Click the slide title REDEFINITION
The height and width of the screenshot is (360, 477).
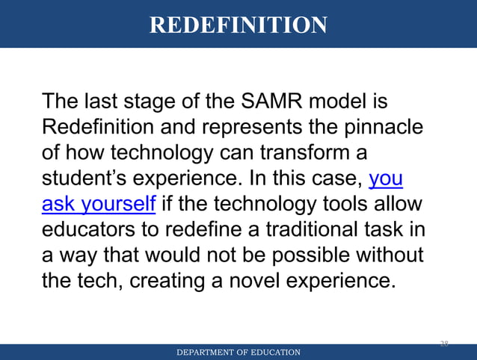[x=238, y=25]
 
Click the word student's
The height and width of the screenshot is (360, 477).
[x=84, y=179]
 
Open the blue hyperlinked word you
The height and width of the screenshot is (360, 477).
[x=387, y=179]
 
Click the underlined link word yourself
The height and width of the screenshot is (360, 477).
[x=120, y=204]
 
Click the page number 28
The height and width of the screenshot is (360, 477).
[x=443, y=344]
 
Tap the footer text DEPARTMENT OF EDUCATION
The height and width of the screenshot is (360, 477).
[x=238, y=353]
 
